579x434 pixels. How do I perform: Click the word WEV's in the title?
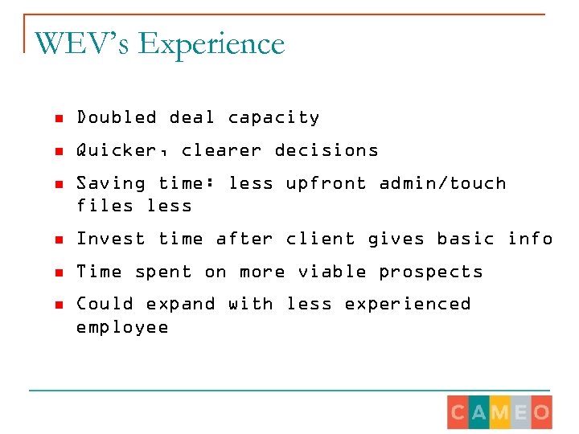82,43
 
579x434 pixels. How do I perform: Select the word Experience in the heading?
211,45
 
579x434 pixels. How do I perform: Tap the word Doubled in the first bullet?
117,117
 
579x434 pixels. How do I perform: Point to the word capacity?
273,118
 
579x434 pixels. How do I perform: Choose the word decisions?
326,150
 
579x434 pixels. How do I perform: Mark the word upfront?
326,184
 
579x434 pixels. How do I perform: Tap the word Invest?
111,239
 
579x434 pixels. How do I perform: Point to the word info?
530,239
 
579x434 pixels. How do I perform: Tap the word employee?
122,328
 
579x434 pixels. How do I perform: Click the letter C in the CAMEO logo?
458,413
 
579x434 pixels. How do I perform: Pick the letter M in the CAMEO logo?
500,413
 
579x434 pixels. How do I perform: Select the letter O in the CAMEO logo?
541,413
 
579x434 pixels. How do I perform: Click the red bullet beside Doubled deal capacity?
58,118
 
